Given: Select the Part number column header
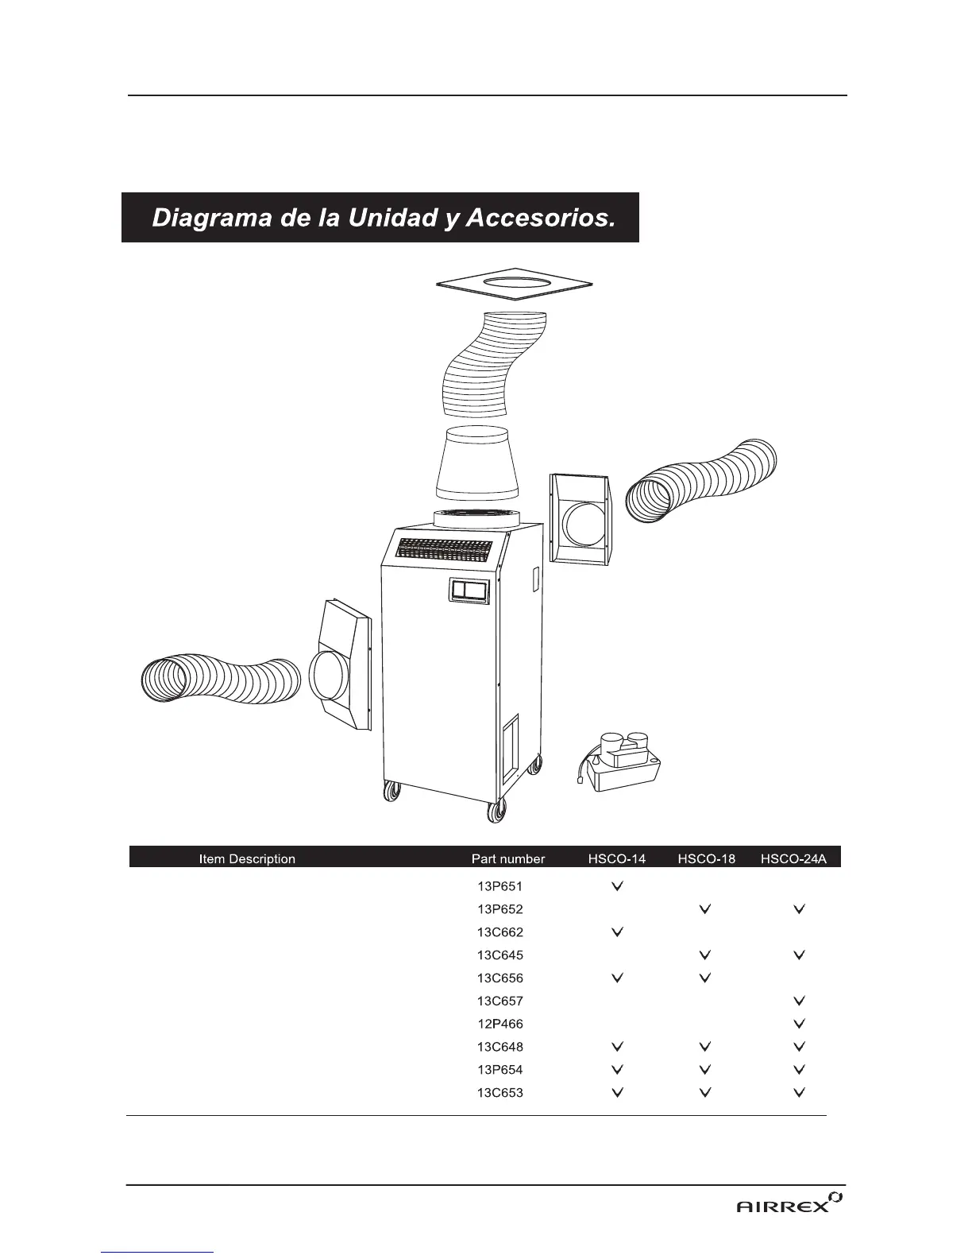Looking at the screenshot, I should pos(508,858).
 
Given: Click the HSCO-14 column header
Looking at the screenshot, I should pos(617,858).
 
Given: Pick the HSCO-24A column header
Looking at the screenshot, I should pos(799,858).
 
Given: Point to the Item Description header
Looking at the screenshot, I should pos(247,858).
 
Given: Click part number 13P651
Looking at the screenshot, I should pos(500,885).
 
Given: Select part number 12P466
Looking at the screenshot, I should pos(500,1024).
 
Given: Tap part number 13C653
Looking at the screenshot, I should pos(500,1093).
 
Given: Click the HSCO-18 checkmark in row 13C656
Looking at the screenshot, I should pos(704,978).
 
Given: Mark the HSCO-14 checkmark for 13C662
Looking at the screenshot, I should pos(618,932).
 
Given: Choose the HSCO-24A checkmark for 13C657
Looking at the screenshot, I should pos(800,1001).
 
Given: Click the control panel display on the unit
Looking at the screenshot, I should pos(469,591).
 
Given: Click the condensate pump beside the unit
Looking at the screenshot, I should pos(621,763).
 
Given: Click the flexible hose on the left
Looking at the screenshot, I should pos(218,679).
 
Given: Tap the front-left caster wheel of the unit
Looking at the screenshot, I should pos(390,792).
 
